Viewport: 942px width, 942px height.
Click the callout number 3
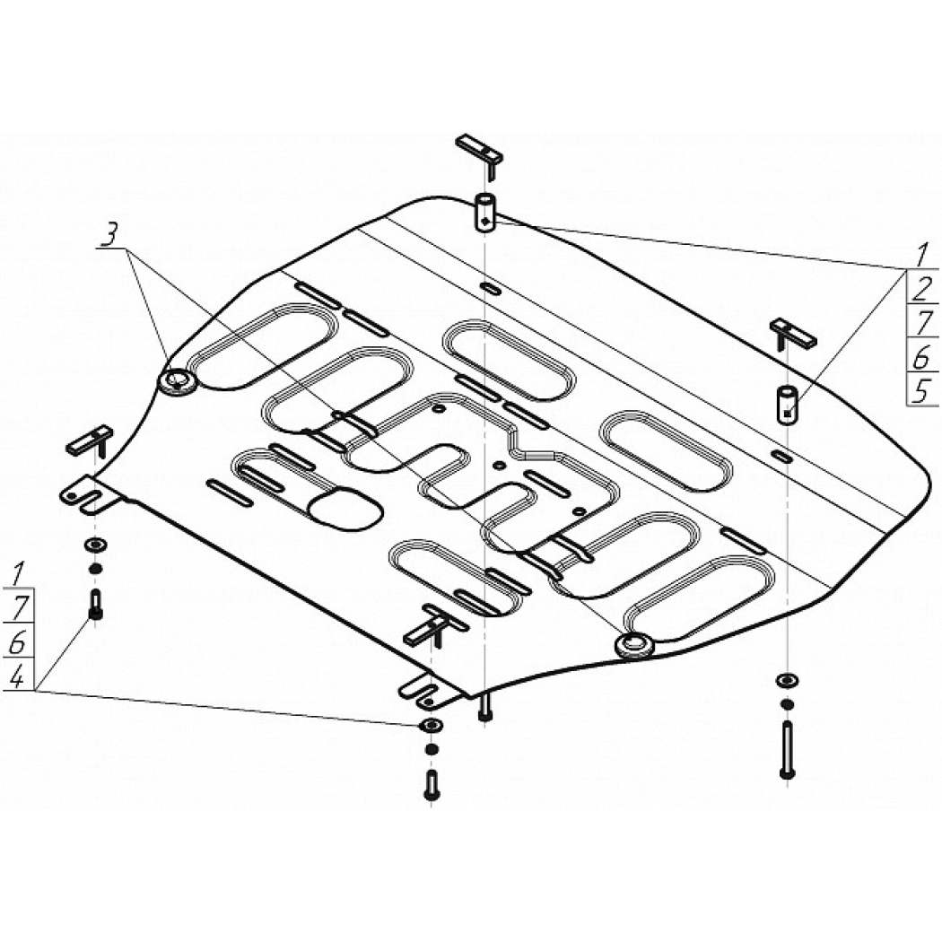109,236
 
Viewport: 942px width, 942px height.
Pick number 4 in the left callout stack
17,678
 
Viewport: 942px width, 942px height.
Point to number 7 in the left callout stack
18,609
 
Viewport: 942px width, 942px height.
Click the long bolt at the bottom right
788,750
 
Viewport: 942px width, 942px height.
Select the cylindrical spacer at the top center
485,212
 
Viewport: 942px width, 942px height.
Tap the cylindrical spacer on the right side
787,406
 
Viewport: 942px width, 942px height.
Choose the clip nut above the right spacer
791,336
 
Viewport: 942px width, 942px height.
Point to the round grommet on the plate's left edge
178,381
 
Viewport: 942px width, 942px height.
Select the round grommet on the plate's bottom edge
633,645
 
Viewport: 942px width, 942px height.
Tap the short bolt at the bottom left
95,606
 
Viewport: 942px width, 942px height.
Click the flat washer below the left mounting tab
95,545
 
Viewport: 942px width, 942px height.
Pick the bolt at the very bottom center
431,785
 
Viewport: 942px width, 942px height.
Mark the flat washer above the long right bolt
787,681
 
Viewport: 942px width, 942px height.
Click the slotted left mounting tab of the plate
90,493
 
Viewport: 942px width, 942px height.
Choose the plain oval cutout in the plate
345,510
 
